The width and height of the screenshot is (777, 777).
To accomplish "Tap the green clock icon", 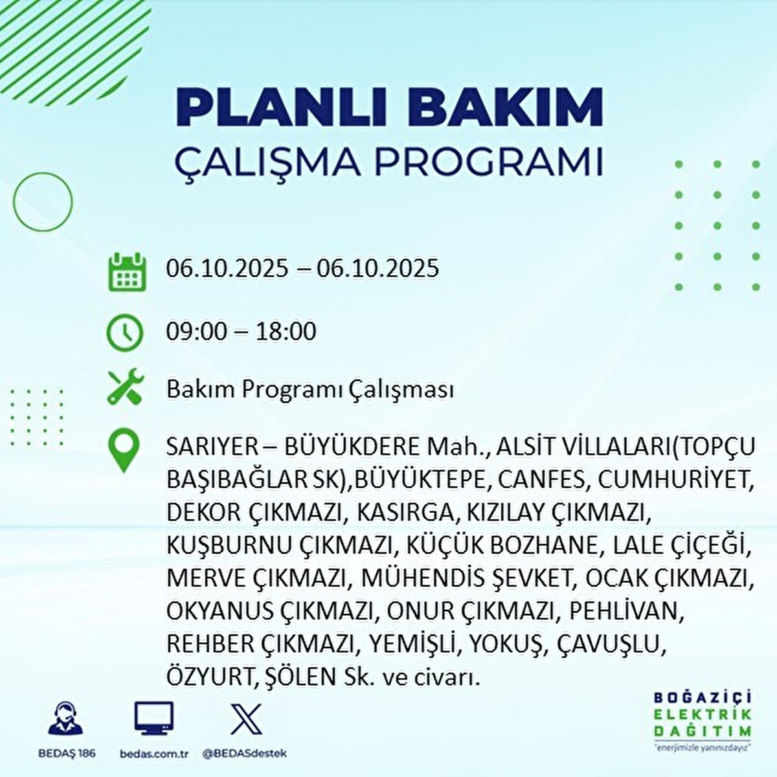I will [125, 332].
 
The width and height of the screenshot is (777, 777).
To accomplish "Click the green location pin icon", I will [124, 451].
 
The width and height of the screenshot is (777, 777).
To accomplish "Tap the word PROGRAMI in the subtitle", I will [490, 163].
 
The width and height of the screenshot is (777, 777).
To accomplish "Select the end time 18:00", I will [286, 332].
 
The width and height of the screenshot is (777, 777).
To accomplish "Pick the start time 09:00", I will [197, 332].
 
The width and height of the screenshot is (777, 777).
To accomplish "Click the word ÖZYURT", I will [208, 677].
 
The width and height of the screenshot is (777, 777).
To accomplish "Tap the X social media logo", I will [247, 718].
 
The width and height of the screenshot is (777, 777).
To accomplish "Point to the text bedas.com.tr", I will [153, 754].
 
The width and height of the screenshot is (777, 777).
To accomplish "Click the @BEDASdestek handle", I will [244, 754].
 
